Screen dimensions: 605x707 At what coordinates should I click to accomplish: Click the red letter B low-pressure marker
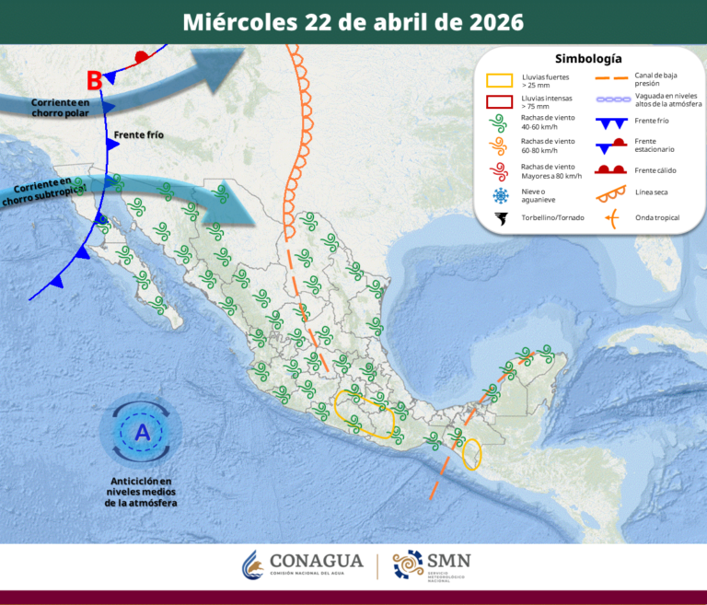coord(94,80)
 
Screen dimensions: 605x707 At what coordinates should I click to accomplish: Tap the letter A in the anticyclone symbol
coord(142,432)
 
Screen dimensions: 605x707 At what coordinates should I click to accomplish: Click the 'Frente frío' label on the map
coord(138,135)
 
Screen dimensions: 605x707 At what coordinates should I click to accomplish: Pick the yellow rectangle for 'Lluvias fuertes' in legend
coord(499,80)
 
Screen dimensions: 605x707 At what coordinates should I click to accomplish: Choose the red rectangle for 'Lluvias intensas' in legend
coord(499,102)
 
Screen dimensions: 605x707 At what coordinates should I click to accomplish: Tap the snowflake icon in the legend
coord(501,194)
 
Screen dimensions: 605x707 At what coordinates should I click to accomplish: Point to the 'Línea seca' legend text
coord(652,192)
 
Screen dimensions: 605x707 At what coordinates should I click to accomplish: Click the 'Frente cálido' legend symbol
coord(608,169)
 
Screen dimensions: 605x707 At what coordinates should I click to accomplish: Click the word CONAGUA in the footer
coord(317,561)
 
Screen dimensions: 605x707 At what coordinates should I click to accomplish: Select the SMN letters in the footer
coord(449,560)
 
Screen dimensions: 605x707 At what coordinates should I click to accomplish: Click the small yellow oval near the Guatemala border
coord(471,454)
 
